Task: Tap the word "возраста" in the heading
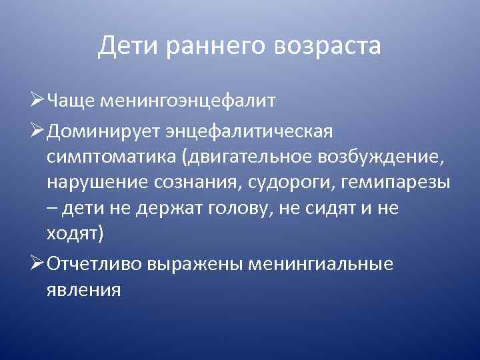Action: click(x=327, y=47)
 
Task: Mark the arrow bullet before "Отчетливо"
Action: click(x=39, y=263)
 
